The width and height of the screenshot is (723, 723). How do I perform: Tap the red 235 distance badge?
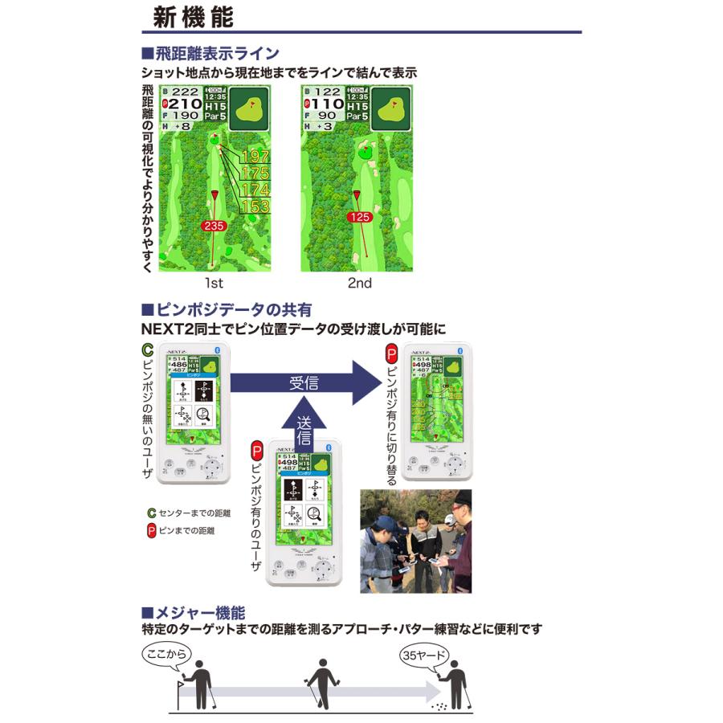[x=214, y=227]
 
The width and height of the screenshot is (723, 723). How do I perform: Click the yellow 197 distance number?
[x=255, y=157]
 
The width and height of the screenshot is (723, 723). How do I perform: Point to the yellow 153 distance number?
[x=255, y=206]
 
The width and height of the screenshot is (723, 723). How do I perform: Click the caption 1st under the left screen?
[x=214, y=283]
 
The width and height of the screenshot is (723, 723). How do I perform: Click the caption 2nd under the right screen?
[x=359, y=283]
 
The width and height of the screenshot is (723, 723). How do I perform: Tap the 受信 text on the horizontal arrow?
[x=303, y=382]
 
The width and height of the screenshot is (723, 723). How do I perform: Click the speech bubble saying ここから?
[x=165, y=655]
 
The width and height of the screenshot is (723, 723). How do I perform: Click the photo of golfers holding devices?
[x=415, y=541]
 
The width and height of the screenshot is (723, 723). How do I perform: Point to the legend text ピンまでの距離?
[x=186, y=531]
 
